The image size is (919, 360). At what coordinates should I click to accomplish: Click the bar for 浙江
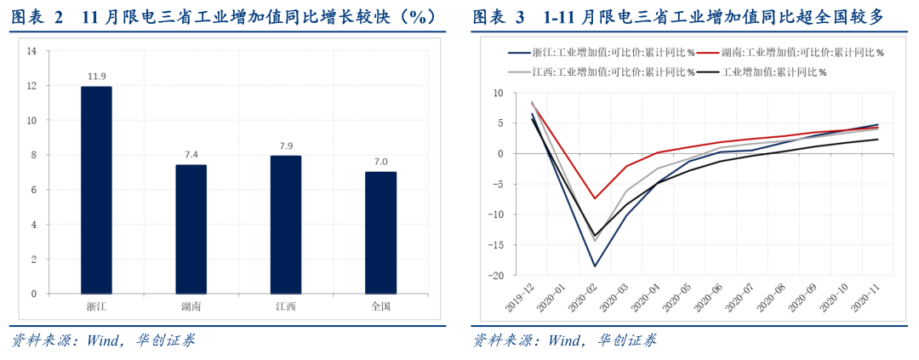coord(96,190)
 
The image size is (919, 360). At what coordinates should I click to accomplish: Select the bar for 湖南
coord(191,229)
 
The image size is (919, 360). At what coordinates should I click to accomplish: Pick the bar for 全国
coord(380,232)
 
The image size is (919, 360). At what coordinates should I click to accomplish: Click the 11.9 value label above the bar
coord(96,77)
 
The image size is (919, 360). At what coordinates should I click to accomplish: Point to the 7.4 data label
coord(191,155)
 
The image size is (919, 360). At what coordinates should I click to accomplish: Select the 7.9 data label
coord(286,146)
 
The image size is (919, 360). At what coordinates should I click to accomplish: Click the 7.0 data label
coord(380,162)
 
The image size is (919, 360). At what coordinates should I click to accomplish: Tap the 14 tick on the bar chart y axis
coord(31,51)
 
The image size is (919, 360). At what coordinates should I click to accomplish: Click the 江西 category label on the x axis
coord(286,306)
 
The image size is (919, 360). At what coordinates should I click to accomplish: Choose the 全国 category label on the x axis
coord(380,306)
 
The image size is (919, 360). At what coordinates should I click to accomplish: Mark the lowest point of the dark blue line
coord(594,266)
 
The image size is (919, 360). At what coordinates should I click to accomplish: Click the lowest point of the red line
coord(594,198)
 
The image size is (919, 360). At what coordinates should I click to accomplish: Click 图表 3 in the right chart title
coord(494,17)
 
